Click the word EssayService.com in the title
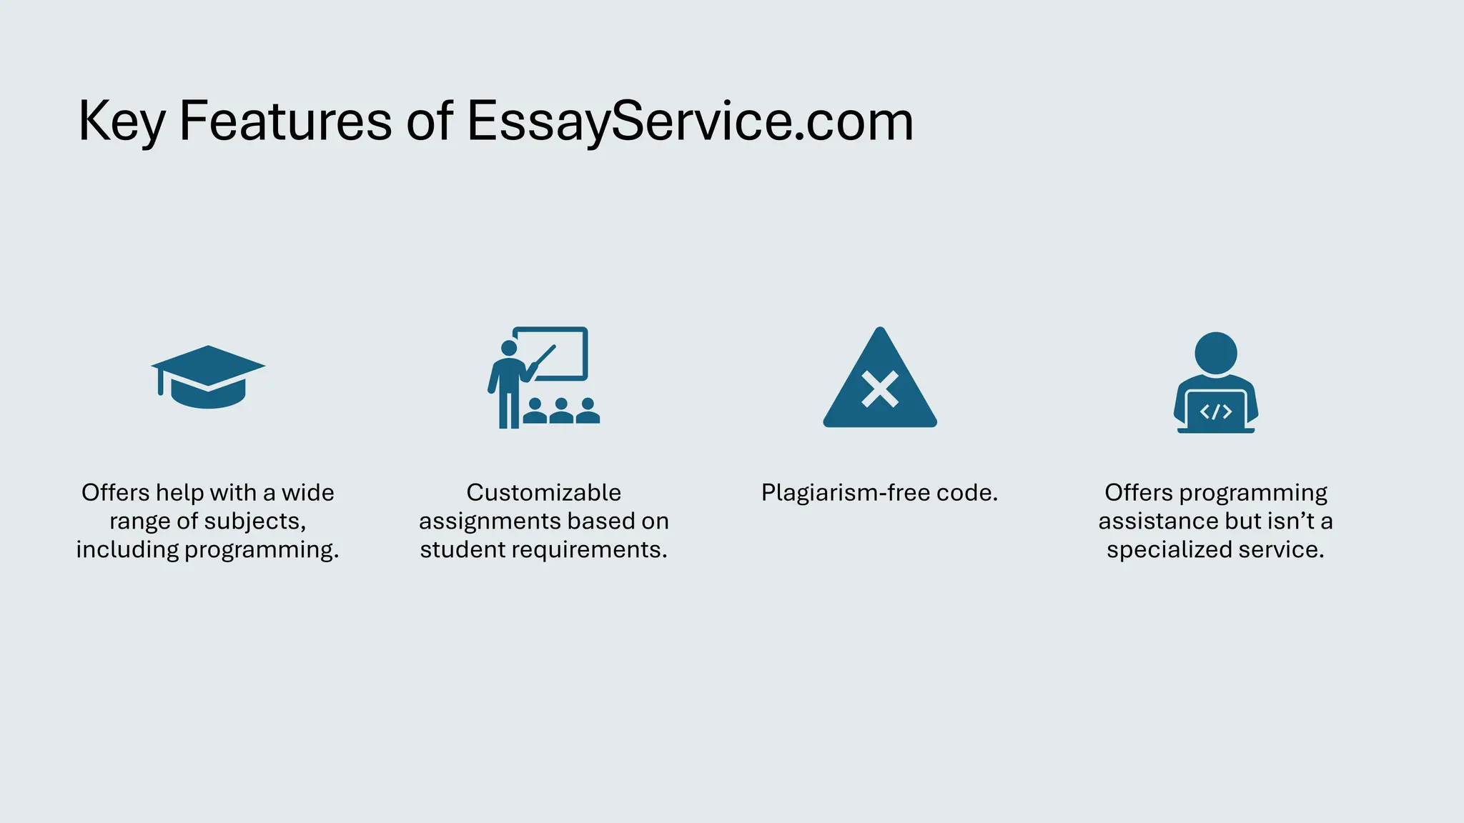pyautogui.click(x=690, y=121)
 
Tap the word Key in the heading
pyautogui.click(x=121, y=121)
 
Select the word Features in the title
pyautogui.click(x=285, y=121)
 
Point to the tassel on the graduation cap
pyautogui.click(x=160, y=382)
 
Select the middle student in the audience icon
pyautogui.click(x=561, y=411)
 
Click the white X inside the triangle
pyautogui.click(x=880, y=389)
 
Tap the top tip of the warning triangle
pyautogui.click(x=880, y=331)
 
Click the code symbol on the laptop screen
pyautogui.click(x=1215, y=412)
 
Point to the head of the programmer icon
pyautogui.click(x=1215, y=352)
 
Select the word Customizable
pyautogui.click(x=544, y=493)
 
